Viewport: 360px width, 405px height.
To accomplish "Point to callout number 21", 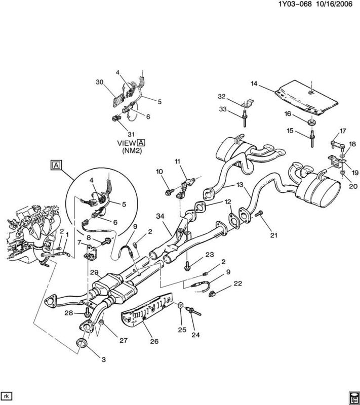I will pos(274,235).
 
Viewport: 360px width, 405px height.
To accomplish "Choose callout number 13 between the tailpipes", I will pos(240,185).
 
